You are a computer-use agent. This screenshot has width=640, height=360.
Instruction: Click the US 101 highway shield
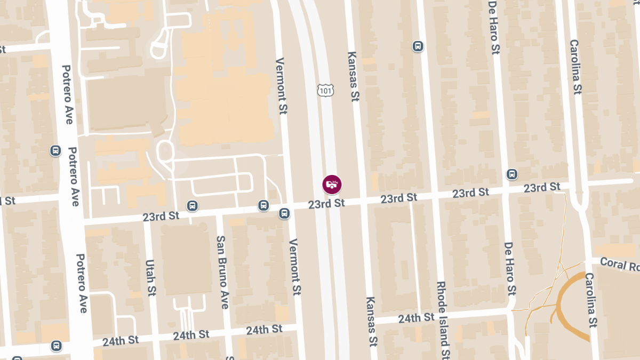pyautogui.click(x=325, y=90)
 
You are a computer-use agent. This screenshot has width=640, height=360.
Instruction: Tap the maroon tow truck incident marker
pyautogui.click(x=332, y=185)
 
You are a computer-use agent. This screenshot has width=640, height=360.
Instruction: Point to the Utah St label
pyautogui.click(x=151, y=278)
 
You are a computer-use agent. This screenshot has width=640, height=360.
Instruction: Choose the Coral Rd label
pyautogui.click(x=619, y=264)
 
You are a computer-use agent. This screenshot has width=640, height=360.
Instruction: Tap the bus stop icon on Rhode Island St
pyautogui.click(x=418, y=46)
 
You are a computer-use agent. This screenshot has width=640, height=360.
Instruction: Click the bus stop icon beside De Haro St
pyautogui.click(x=512, y=174)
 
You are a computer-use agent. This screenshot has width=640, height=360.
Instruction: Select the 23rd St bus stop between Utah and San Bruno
pyautogui.click(x=192, y=206)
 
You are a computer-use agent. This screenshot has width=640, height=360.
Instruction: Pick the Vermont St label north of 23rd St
pyautogui.click(x=282, y=86)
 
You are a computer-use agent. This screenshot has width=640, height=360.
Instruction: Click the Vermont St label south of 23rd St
pyautogui.click(x=294, y=267)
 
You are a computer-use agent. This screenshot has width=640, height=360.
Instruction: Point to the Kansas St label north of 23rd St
pyautogui.click(x=352, y=76)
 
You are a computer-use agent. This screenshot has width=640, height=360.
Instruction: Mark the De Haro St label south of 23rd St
pyautogui.click(x=510, y=268)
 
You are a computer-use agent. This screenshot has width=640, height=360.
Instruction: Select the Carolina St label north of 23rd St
pyautogui.click(x=574, y=67)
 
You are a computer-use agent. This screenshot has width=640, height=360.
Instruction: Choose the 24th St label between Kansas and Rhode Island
pyautogui.click(x=416, y=318)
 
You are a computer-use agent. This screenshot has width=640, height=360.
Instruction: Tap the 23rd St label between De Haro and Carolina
pyautogui.click(x=542, y=187)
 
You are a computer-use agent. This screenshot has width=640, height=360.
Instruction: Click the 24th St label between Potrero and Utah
pyautogui.click(x=121, y=340)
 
